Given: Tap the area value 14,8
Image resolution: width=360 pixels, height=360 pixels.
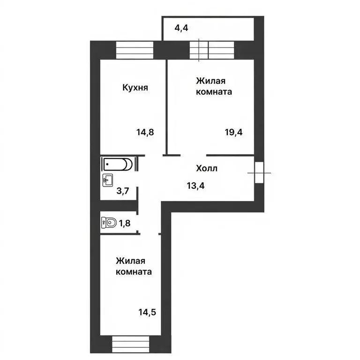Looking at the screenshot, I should click(145, 132).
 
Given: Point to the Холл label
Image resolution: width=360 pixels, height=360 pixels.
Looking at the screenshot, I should click(206, 167).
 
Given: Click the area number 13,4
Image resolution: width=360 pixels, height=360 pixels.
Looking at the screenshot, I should click(196, 186).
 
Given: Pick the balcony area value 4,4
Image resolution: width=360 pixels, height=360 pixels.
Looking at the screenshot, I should click(182, 28).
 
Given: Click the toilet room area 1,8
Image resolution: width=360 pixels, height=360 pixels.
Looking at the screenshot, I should click(124, 223).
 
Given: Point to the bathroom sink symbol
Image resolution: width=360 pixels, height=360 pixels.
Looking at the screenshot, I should click(107, 179).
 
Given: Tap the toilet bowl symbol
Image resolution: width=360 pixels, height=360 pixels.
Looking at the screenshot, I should click(109, 223).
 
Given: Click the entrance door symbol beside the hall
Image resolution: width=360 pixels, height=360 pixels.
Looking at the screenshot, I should click(259, 172).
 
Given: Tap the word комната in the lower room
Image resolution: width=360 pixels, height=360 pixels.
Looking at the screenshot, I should click(134, 272).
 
